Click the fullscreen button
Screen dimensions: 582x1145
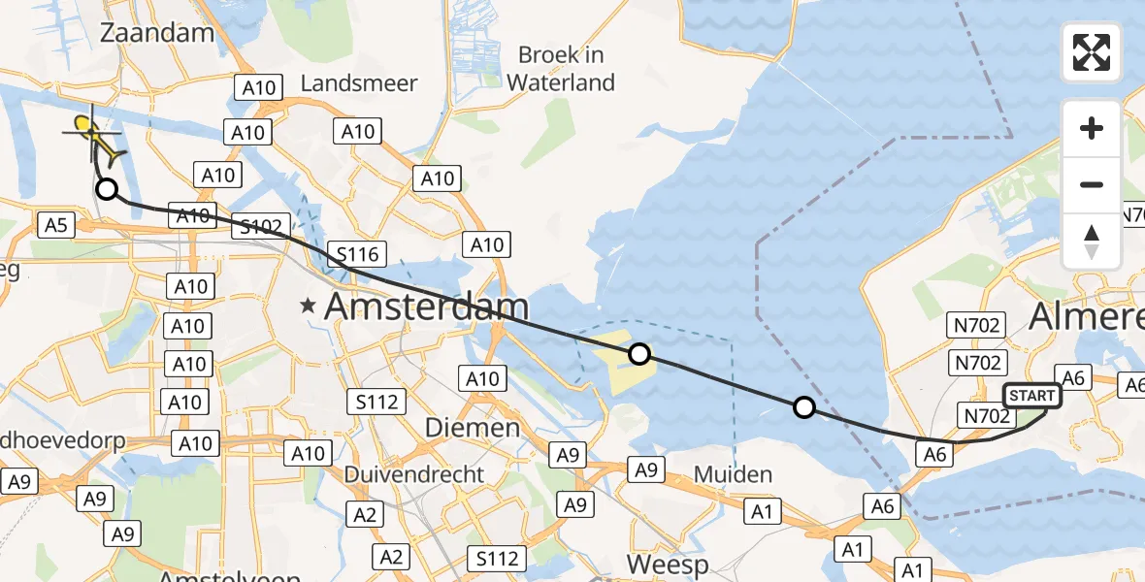(1092, 52)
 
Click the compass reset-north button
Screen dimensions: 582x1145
(1092, 241)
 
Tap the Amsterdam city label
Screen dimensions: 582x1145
(426, 307)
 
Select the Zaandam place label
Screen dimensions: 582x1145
(157, 33)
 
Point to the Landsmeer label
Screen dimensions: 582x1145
(359, 83)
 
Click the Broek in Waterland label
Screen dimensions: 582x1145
(561, 69)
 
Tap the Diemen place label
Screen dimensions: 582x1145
(473, 428)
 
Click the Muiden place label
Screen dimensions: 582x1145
(735, 475)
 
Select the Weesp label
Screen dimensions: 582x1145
(668, 564)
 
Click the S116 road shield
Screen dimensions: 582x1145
(357, 256)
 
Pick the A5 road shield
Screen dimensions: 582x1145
(54, 226)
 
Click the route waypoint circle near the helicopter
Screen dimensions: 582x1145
(107, 190)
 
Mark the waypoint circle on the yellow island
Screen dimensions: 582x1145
(638, 354)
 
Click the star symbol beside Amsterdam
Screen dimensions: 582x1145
(309, 307)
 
